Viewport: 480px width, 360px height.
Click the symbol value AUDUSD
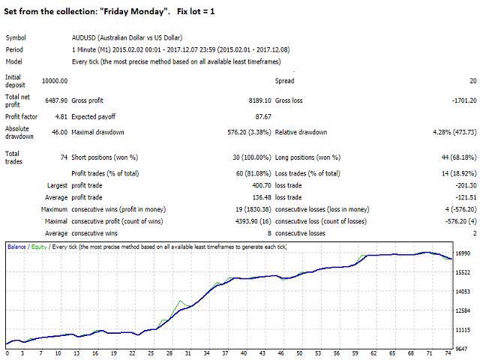[x=83, y=37]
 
